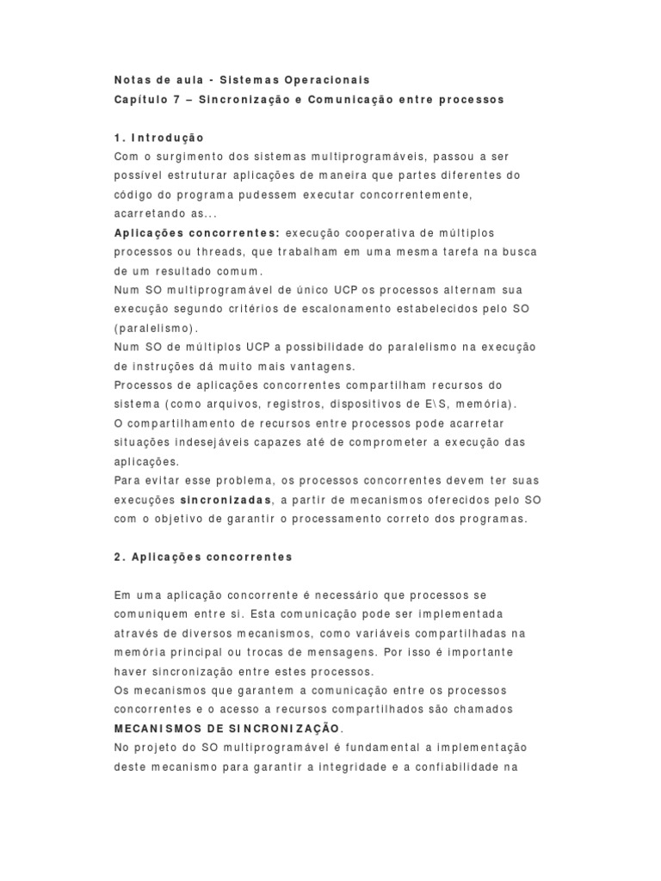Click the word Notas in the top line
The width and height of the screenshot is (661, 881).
pyautogui.click(x=133, y=80)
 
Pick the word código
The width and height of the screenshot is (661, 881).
pyautogui.click(x=133, y=195)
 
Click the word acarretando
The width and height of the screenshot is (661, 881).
pyautogui.click(x=148, y=214)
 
